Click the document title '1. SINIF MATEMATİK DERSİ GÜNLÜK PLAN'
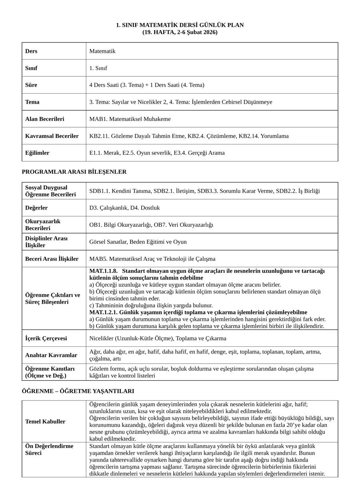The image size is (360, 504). tap(180, 25)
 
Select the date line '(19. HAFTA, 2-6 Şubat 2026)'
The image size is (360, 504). tap(180, 32)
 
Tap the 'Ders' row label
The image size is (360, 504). tap(31, 51)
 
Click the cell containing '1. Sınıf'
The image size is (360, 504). tap(98, 68)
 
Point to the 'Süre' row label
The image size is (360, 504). tap(31, 85)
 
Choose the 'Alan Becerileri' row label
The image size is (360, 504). tap(44, 119)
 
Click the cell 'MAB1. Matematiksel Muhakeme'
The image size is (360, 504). tap(130, 119)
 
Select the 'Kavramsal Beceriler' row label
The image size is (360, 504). tap(52, 136)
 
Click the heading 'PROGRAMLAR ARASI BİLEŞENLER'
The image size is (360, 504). tap(74, 172)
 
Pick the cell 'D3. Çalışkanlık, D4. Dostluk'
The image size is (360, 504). tap(124, 208)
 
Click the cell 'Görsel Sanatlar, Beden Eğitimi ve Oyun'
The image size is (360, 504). tap(138, 242)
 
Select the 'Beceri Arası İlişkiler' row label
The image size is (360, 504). tap(52, 259)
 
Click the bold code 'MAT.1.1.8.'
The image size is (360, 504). tap(103, 271)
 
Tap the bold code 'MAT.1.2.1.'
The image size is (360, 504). tap(103, 312)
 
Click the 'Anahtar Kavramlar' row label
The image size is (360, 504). tap(51, 355)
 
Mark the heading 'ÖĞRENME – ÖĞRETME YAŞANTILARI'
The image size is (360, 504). tap(78, 391)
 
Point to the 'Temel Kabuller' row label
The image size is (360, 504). tap(45, 422)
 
